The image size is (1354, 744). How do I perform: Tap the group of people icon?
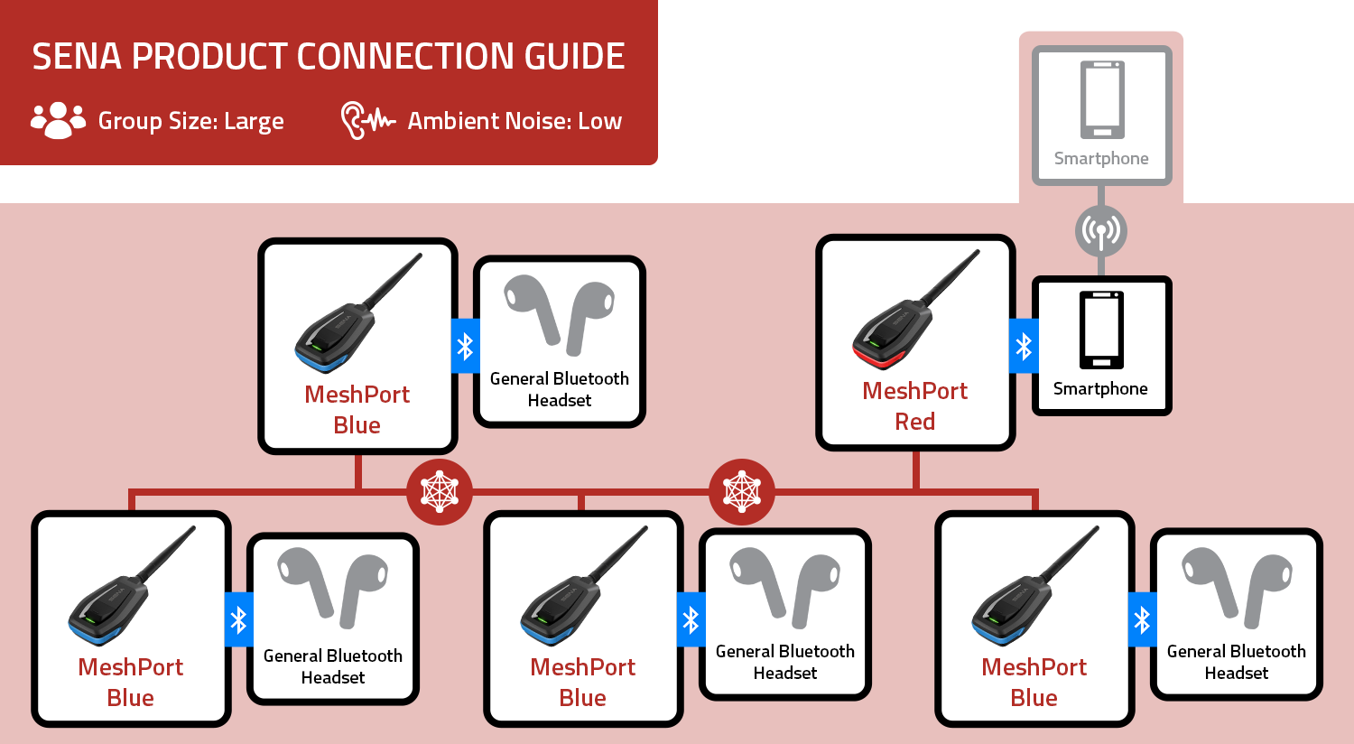(58, 120)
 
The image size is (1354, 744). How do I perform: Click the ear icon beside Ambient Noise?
(353, 120)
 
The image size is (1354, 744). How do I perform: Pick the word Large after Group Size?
(254, 122)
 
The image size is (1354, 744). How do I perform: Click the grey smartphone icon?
(1101, 99)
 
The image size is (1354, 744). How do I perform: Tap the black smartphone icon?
(1101, 330)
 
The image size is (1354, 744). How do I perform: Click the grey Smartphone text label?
(1101, 159)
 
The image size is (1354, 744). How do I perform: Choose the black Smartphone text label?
(1100, 389)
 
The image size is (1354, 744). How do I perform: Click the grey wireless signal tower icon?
(1101, 231)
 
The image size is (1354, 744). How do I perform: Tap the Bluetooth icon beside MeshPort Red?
(1024, 346)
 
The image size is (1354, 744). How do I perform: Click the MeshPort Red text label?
(914, 405)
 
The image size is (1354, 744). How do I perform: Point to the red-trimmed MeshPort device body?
(888, 338)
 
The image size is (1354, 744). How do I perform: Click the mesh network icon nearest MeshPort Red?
(742, 492)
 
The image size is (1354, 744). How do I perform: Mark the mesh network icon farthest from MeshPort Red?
(440, 492)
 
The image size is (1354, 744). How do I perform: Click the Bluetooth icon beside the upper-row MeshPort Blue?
(465, 346)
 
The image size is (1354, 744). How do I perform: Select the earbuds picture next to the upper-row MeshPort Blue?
(560, 316)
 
